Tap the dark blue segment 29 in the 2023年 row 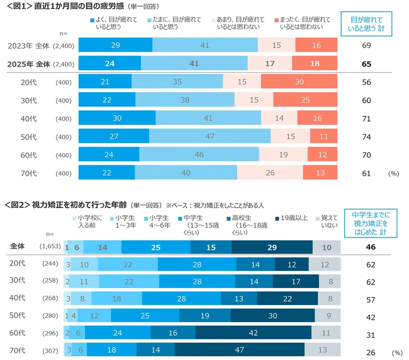tap(116, 45)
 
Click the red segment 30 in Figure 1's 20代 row tap(299, 82)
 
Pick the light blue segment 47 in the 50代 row tap(210, 136)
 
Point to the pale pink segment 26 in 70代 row tap(270, 173)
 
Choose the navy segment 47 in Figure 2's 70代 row tap(240, 350)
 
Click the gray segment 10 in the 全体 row tap(327, 248)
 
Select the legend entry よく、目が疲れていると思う tap(107, 23)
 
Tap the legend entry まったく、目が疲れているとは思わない tap(302, 23)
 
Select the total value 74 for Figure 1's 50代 tap(367, 137)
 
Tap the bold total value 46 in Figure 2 tap(370, 248)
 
